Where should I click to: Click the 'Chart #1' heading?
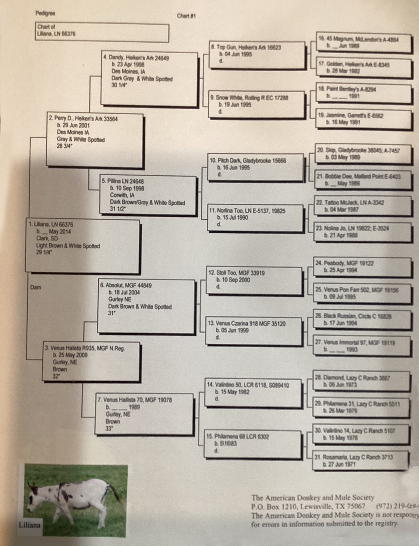point(186,16)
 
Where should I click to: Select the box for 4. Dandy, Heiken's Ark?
point(150,79)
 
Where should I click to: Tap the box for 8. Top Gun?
point(257,55)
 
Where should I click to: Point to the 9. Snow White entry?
point(257,104)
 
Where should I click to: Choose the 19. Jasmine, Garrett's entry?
point(363,119)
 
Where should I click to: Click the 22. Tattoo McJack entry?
point(363,206)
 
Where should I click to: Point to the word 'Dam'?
point(36,287)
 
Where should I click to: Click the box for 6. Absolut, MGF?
point(146,306)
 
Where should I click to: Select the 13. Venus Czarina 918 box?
point(255,330)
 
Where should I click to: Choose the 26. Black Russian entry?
point(362,320)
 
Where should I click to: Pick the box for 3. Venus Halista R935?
point(91,362)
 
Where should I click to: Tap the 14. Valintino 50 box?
point(254,392)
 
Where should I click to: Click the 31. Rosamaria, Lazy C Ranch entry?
point(361,460)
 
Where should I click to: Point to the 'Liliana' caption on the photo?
point(29,525)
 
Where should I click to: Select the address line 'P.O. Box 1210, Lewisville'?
point(308,507)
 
